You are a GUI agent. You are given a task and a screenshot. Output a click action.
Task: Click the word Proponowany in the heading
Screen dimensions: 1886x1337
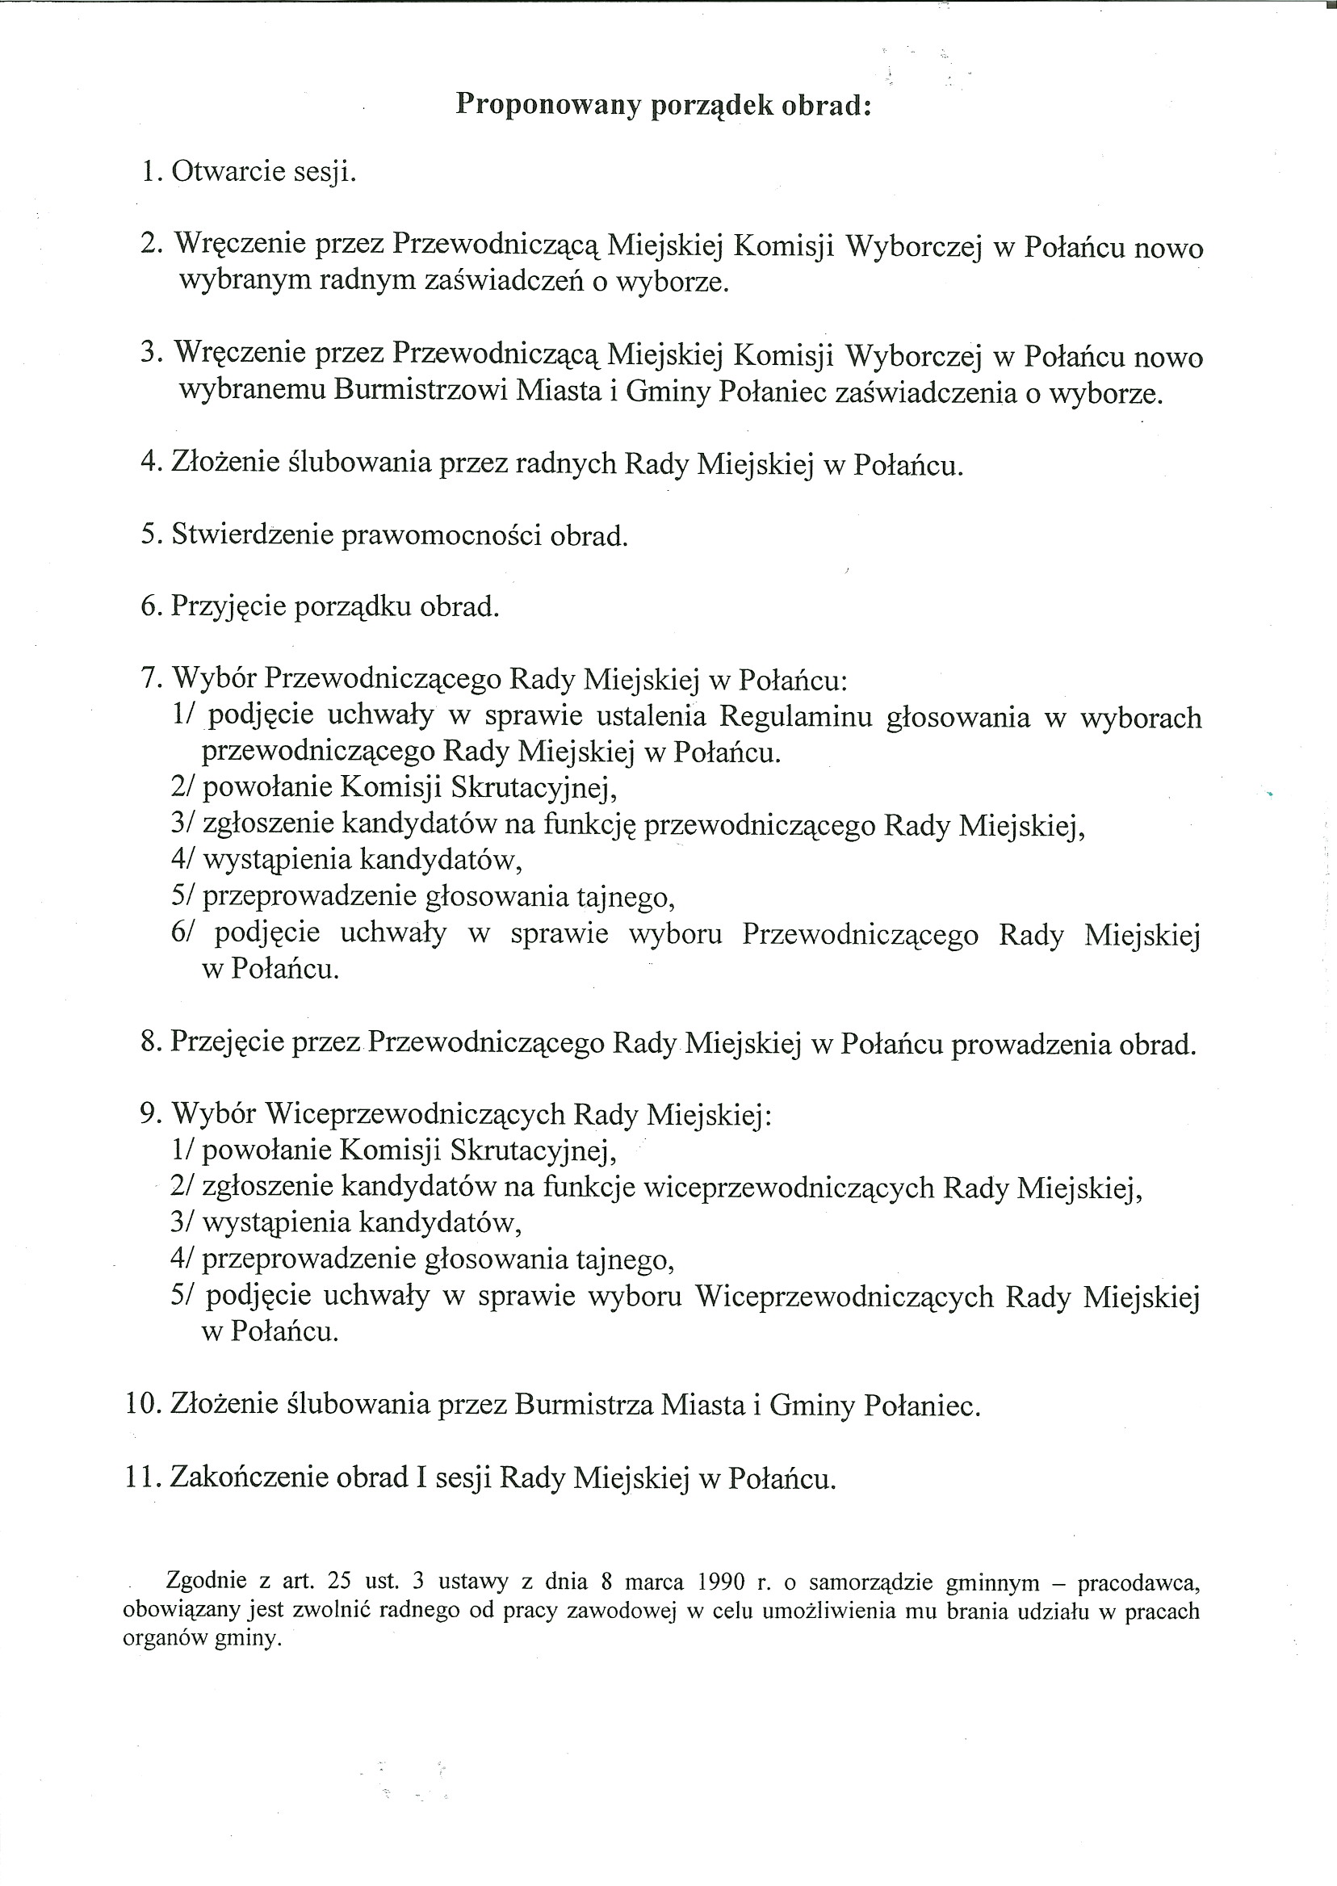click(x=547, y=107)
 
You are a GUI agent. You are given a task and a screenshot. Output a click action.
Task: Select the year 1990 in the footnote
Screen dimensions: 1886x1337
click(x=720, y=1582)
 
